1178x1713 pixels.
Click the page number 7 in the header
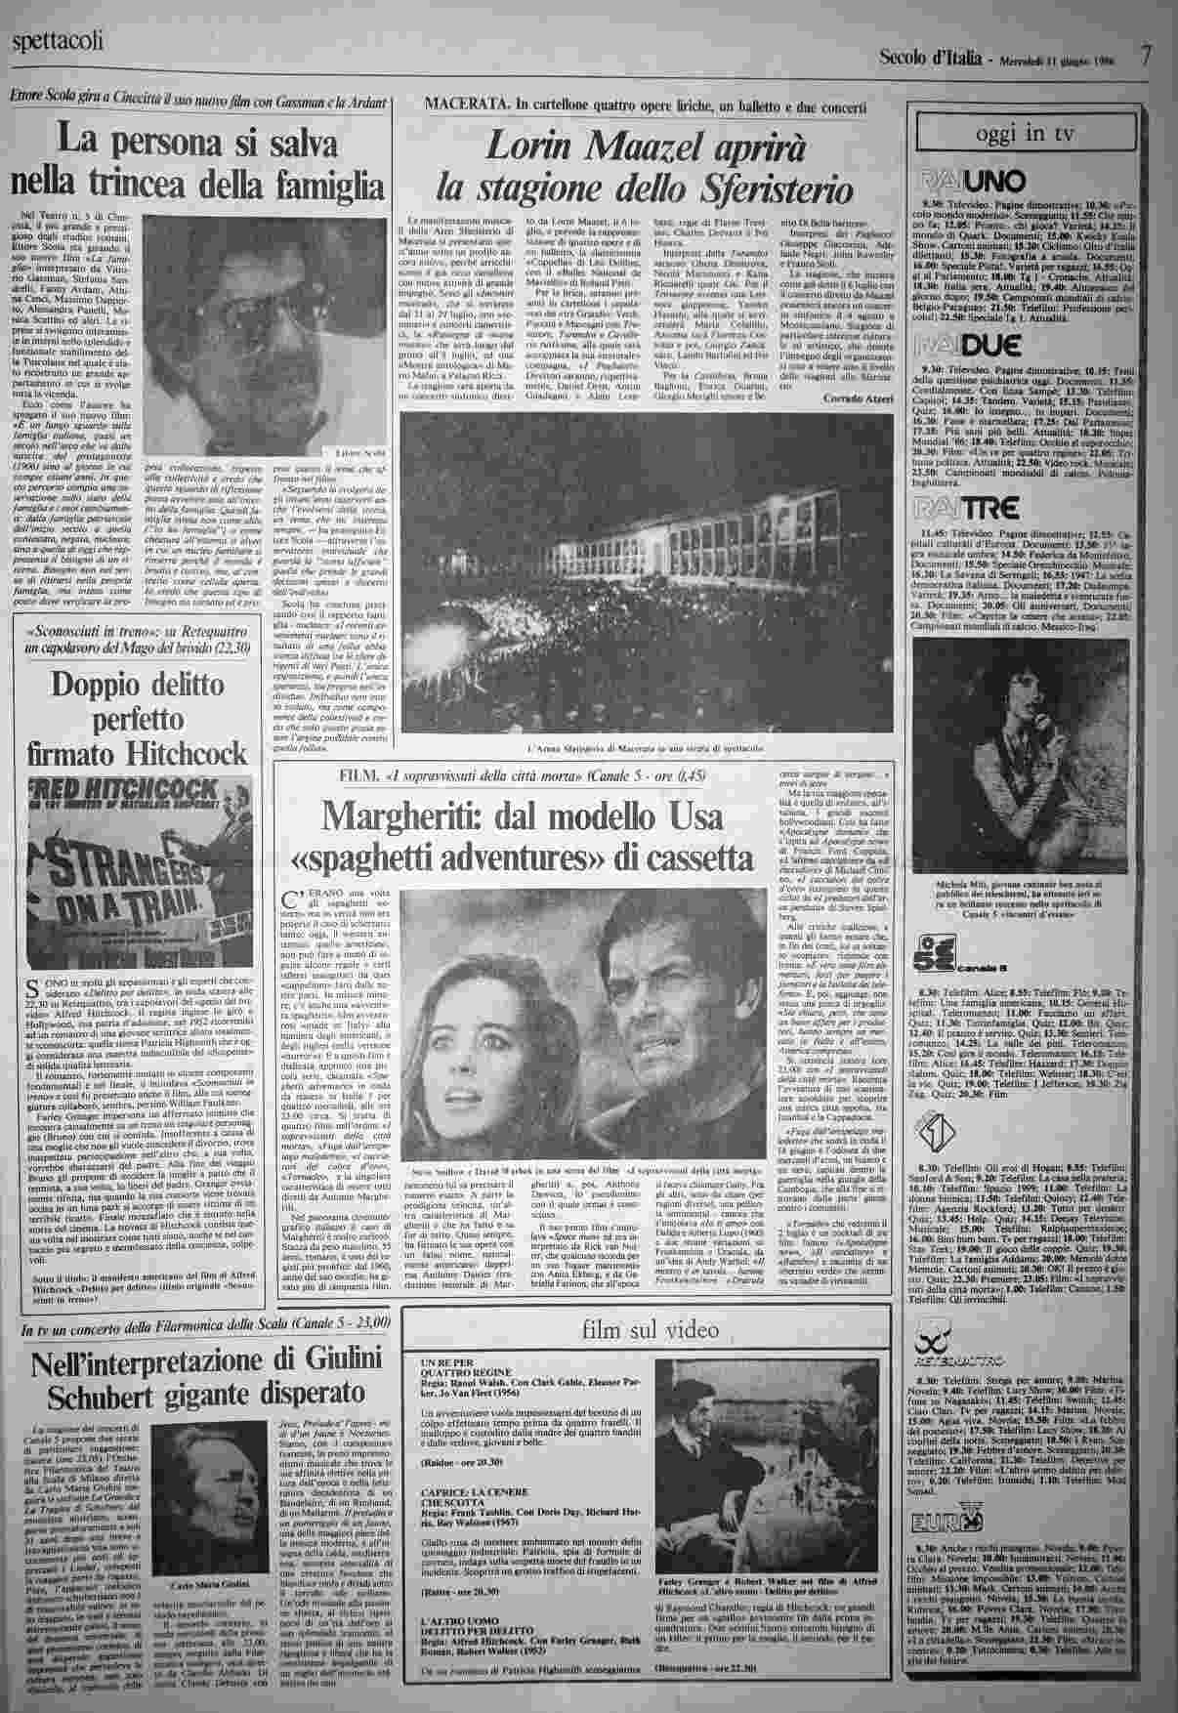[x=1148, y=57]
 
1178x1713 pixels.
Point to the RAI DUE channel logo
[x=970, y=343]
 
